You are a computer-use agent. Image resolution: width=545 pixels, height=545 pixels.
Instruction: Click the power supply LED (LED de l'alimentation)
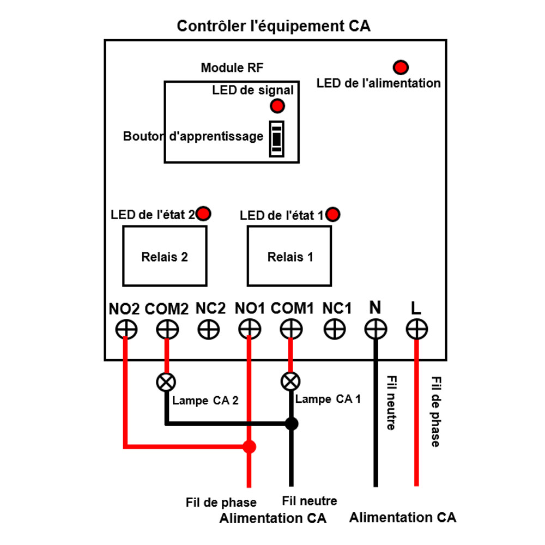(401, 67)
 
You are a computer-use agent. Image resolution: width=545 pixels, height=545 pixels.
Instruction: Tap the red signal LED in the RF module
(277, 105)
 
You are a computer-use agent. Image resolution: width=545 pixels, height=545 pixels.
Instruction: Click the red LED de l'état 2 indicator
(204, 214)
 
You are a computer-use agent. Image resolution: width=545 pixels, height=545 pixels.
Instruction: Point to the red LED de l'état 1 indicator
(333, 214)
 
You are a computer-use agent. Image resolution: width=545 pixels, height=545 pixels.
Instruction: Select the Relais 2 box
(165, 256)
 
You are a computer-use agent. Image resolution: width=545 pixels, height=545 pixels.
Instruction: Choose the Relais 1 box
(289, 256)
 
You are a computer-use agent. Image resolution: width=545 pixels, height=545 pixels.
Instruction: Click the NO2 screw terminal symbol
(126, 329)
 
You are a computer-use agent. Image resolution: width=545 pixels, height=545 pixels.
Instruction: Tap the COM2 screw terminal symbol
(167, 329)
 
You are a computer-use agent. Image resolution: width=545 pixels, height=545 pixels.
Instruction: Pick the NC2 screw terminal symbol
(208, 329)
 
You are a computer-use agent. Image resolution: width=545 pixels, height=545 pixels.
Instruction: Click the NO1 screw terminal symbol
(250, 329)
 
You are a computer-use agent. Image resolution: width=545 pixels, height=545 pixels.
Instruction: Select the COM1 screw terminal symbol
(291, 329)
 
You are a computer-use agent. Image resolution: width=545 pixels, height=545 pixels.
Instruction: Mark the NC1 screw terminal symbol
(334, 329)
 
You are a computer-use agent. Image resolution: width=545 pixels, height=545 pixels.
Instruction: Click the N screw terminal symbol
(375, 329)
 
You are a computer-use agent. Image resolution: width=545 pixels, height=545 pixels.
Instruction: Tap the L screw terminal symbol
(416, 329)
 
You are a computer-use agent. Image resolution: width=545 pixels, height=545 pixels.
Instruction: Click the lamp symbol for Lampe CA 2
(166, 381)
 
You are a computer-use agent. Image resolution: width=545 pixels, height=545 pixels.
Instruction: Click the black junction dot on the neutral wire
(292, 423)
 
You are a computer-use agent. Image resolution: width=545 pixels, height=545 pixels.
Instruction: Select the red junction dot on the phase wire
(249, 447)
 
